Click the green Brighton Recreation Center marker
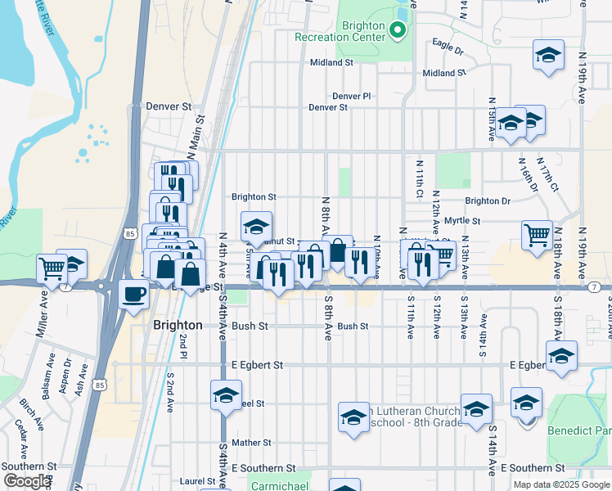398,31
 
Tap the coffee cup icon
133,294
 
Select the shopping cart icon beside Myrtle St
537,235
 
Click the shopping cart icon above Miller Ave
52,268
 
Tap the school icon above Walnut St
256,226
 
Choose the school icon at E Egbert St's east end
561,357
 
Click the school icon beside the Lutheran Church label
353,417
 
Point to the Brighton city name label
178,325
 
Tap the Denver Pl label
352,96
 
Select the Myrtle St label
462,221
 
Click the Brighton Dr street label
488,201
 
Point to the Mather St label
250,443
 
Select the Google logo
28,480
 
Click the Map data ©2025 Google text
560,484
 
